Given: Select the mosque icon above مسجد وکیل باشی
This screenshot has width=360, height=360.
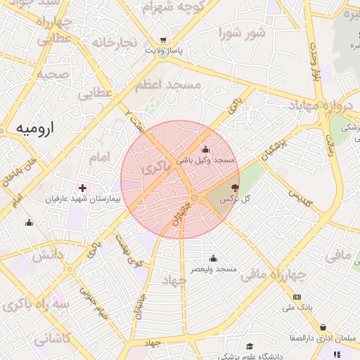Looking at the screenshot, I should pyautogui.click(x=205, y=149).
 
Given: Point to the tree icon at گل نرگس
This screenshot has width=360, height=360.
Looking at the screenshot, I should pyautogui.click(x=234, y=188).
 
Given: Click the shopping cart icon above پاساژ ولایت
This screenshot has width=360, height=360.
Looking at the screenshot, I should pyautogui.click(x=164, y=40).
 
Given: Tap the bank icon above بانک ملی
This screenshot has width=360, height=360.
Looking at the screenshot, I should pyautogui.click(x=297, y=297).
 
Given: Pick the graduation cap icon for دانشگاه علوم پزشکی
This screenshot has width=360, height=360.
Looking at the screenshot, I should pyautogui.click(x=250, y=346).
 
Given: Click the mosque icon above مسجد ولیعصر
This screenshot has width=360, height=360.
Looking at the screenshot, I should pyautogui.click(x=213, y=258).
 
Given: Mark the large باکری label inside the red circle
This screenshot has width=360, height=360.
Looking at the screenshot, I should pyautogui.click(x=155, y=169).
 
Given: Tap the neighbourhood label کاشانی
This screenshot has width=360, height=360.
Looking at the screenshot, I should pyautogui.click(x=52, y=338).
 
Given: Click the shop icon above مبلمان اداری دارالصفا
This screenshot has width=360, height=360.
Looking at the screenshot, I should pyautogui.click(x=323, y=328).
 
